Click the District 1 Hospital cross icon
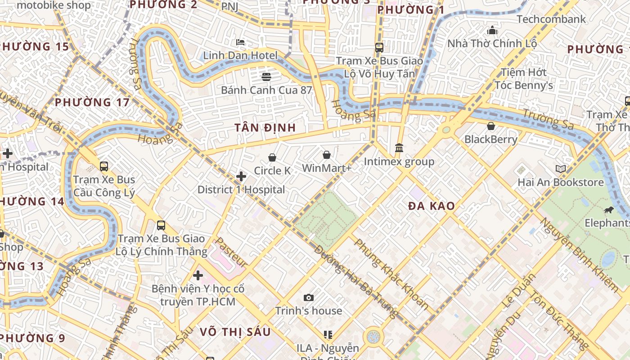click(x=241, y=176)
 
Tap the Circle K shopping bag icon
click(x=272, y=157)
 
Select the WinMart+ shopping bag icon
click(x=327, y=155)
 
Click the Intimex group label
click(x=399, y=162)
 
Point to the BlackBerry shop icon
click(x=491, y=126)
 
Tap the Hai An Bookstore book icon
click(x=560, y=169)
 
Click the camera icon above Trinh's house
click(x=308, y=297)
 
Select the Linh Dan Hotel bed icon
click(x=240, y=42)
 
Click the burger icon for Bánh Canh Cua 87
click(x=266, y=76)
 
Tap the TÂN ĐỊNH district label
click(x=265, y=128)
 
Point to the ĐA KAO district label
click(x=431, y=207)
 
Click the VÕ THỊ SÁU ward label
click(x=235, y=332)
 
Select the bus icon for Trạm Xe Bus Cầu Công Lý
click(x=104, y=166)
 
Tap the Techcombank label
click(x=551, y=19)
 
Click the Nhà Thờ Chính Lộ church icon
click(x=492, y=31)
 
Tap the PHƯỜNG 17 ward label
click(x=92, y=103)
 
